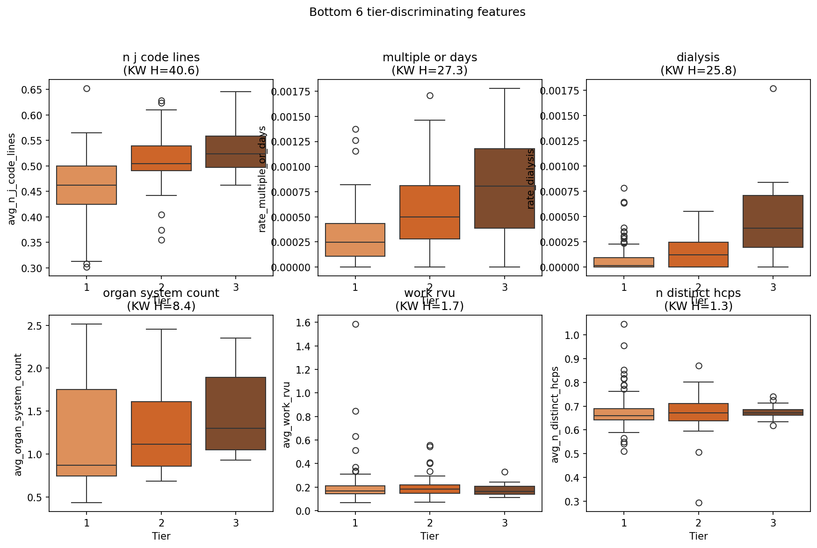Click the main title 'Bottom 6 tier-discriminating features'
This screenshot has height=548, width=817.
(x=417, y=12)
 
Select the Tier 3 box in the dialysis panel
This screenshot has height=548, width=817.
(x=773, y=221)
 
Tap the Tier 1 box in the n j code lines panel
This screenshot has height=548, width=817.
(x=87, y=185)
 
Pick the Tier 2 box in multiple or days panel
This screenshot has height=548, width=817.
(x=430, y=212)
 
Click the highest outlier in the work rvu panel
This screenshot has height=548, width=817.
(x=355, y=324)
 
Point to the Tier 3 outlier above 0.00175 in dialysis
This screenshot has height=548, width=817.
(x=773, y=88)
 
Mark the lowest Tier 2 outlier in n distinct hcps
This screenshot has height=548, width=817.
(x=699, y=503)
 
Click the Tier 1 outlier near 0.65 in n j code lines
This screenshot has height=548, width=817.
(x=87, y=88)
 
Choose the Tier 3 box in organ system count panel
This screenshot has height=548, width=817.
(x=236, y=413)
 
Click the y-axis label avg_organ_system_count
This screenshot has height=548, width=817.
(x=18, y=415)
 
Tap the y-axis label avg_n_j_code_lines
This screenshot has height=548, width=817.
(x=12, y=179)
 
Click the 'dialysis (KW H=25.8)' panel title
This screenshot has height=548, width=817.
(x=698, y=64)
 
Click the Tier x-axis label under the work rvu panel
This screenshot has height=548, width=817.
(x=429, y=536)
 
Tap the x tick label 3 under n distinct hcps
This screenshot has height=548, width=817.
(x=773, y=523)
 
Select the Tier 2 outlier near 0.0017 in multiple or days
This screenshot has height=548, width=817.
(x=430, y=95)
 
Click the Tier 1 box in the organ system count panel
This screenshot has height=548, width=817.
(x=87, y=433)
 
